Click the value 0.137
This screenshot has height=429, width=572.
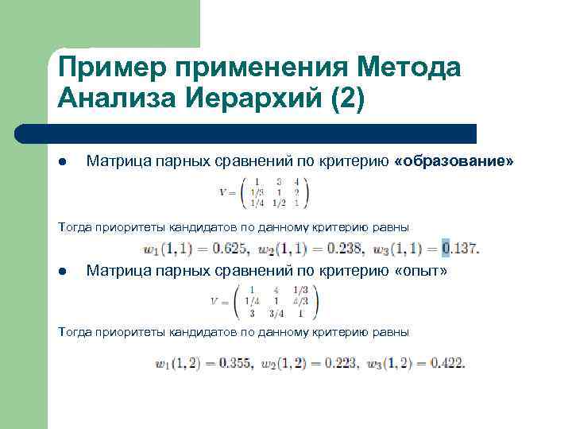(460, 249)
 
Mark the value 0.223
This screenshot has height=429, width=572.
(339, 364)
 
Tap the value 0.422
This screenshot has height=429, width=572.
(446, 364)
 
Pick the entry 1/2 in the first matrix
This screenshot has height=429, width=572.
(276, 203)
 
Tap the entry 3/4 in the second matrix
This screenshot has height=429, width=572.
(275, 313)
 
